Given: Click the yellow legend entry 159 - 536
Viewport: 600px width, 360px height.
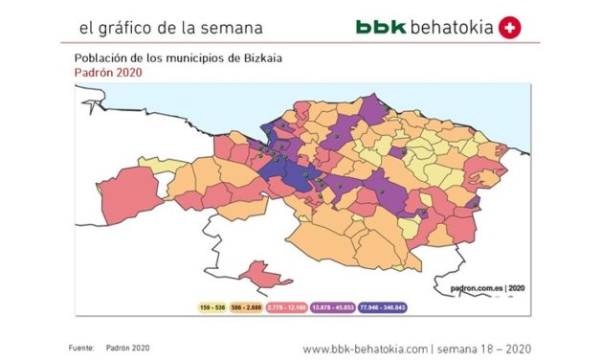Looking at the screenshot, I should (x=213, y=306).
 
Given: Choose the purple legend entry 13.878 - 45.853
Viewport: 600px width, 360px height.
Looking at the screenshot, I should (x=329, y=306).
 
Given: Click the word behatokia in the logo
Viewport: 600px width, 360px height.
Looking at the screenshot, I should (x=451, y=27).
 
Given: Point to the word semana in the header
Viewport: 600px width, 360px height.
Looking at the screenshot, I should (x=226, y=28).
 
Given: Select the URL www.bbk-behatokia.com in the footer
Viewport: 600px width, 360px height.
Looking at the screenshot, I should (x=365, y=348).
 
